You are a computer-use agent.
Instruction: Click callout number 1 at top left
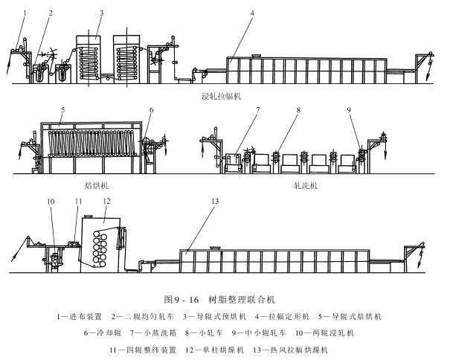click(24, 13)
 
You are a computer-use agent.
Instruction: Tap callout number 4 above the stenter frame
click(252, 13)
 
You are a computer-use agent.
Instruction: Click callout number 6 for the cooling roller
click(152, 109)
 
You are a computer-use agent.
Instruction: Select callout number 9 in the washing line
click(349, 109)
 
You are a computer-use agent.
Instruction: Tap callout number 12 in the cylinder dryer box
click(106, 202)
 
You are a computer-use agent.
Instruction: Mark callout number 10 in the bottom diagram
click(52, 202)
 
